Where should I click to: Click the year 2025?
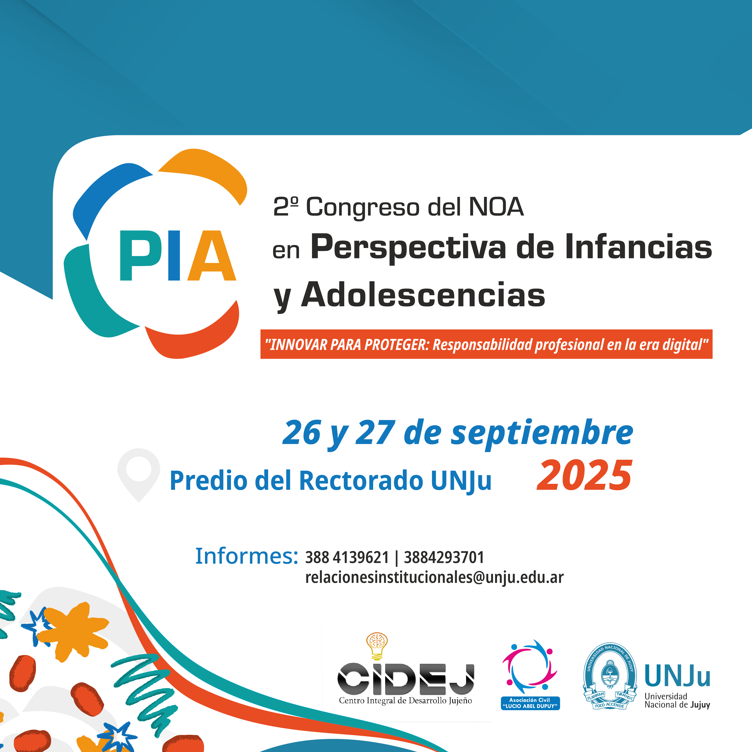584,476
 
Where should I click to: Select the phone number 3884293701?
444,557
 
